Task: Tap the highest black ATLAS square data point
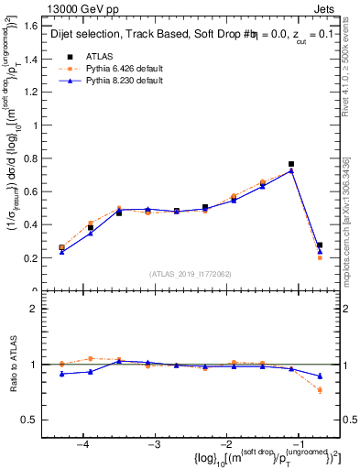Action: pos(291,164)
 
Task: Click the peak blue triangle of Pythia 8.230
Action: pos(291,170)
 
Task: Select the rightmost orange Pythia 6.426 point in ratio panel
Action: pos(320,390)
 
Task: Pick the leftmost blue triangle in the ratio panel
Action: pos(61,374)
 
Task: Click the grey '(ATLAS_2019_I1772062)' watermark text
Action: pos(191,273)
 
